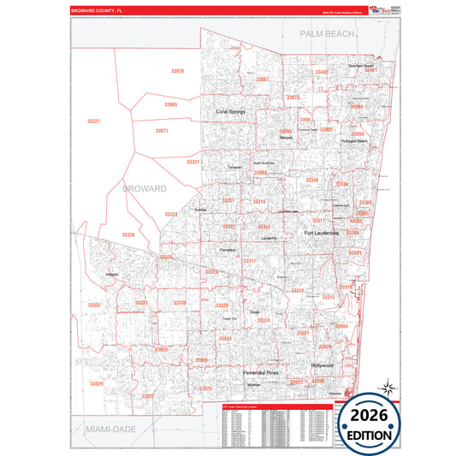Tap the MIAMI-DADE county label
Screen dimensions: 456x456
[x=104, y=426]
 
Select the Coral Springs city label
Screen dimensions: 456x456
[x=230, y=111]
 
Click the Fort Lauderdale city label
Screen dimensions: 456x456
[x=322, y=233]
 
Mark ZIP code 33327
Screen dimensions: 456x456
[x=93, y=121]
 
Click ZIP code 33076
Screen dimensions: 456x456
[x=177, y=71]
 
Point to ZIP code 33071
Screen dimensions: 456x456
[x=162, y=131]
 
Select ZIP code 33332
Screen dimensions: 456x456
[x=94, y=305]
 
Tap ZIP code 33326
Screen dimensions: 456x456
[x=128, y=234]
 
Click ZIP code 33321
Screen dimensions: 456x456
[x=193, y=162]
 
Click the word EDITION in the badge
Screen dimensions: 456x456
[x=370, y=435]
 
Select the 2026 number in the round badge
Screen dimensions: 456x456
[x=370, y=415]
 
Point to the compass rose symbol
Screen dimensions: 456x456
[x=386, y=388]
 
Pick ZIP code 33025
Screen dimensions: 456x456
[x=205, y=388]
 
